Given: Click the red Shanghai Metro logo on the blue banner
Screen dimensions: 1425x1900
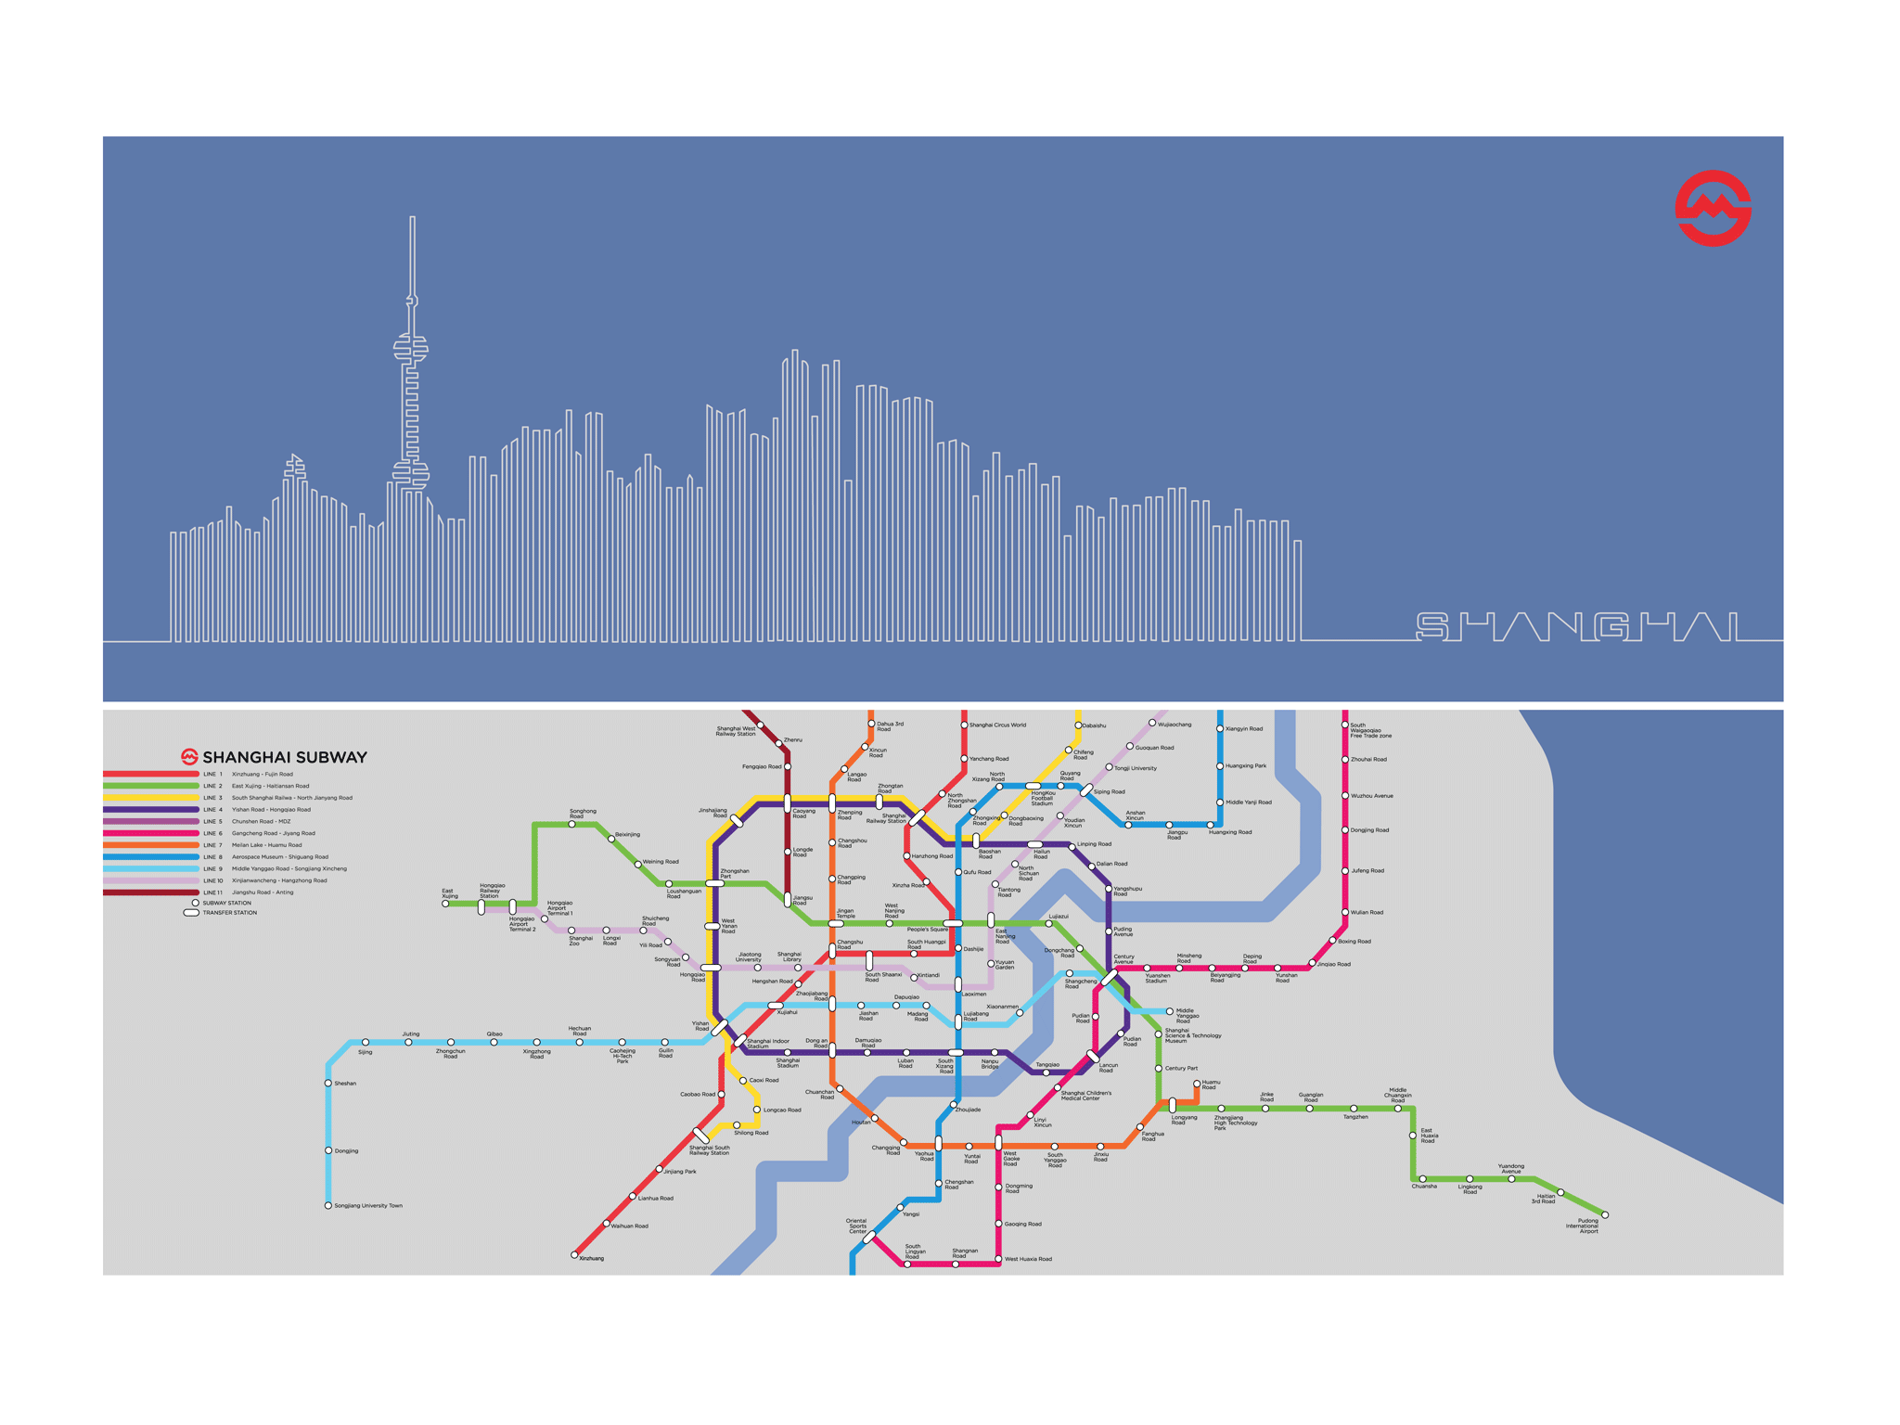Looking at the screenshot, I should (x=1712, y=208).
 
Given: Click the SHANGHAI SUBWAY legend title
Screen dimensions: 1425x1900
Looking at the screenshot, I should (x=284, y=757).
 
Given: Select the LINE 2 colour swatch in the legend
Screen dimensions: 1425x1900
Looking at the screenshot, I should (x=150, y=786).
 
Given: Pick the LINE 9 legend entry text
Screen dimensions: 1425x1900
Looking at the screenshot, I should (x=289, y=868).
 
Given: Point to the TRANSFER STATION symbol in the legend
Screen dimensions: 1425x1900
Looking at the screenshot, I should (x=191, y=913).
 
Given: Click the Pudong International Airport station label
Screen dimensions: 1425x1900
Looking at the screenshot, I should (x=1583, y=1226).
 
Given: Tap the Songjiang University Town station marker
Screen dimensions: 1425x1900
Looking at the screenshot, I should (x=327, y=1206).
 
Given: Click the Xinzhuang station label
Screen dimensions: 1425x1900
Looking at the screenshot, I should (x=591, y=1258).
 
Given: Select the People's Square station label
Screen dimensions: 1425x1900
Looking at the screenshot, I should (x=927, y=930).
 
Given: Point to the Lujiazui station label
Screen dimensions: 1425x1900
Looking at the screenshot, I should (x=1059, y=917).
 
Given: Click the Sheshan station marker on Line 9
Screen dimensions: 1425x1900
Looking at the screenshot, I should (x=327, y=1083).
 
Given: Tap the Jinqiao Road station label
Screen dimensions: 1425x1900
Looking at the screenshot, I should (x=1334, y=964).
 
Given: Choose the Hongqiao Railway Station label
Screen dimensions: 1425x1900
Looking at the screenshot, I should (x=492, y=891).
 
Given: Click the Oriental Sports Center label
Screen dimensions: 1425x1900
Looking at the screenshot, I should (x=856, y=1226).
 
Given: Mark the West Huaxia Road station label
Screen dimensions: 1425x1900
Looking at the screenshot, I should (x=1028, y=1259).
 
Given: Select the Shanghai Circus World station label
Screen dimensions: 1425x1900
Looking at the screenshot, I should (x=997, y=725).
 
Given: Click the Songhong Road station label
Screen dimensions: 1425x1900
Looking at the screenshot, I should (x=583, y=814).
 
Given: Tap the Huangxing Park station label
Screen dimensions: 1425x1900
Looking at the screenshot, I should (x=1246, y=765).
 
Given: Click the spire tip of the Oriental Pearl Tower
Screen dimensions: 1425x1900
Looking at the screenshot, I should (x=412, y=219).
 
